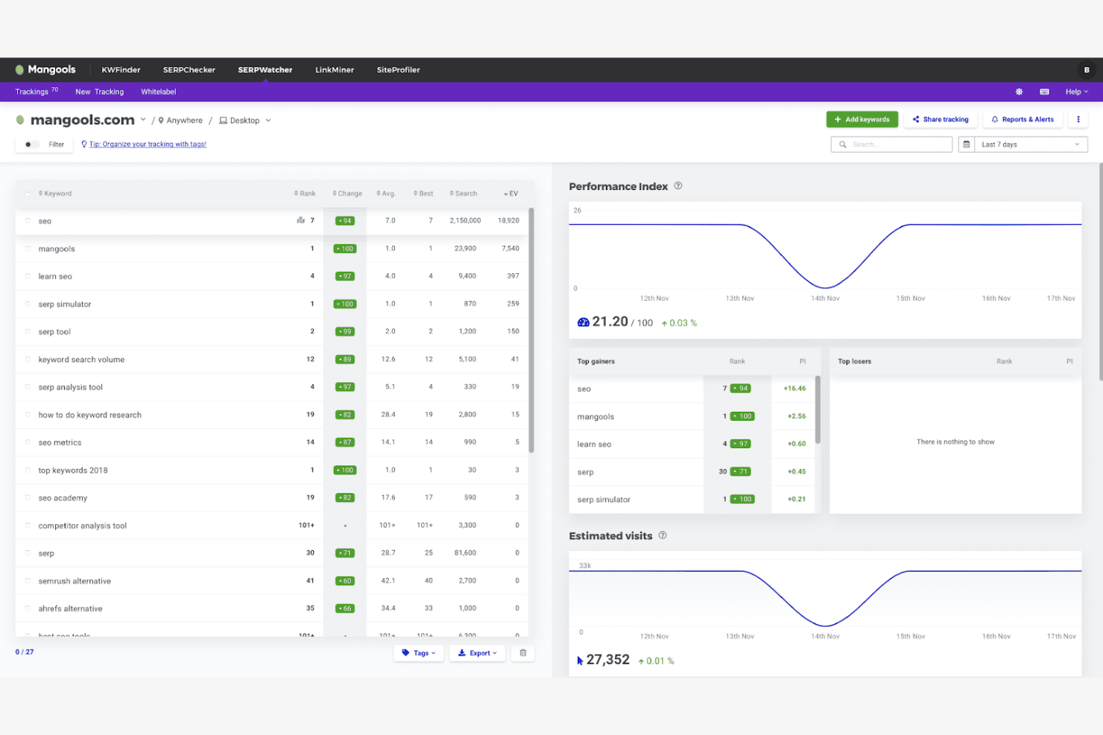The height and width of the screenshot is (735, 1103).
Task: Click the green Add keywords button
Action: pos(862,119)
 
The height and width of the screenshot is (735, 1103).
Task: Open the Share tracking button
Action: pos(941,119)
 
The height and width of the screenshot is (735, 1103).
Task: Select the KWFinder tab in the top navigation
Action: pos(121,70)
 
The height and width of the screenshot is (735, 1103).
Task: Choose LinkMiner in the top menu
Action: pos(334,70)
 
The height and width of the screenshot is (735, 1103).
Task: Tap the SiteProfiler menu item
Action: pos(398,70)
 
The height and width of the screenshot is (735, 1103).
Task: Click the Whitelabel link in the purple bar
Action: pos(158,92)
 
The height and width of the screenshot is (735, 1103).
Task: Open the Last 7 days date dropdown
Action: pos(1023,144)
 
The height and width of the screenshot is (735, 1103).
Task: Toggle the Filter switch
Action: pos(31,144)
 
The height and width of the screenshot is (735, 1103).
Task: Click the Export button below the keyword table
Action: pos(477,653)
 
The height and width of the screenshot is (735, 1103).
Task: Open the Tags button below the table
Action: pos(419,653)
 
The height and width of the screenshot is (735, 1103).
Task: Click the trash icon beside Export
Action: pos(523,653)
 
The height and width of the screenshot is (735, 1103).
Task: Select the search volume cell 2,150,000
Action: pos(465,221)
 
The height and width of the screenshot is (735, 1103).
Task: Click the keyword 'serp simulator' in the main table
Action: pos(65,304)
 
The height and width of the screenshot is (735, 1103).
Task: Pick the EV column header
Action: pos(511,194)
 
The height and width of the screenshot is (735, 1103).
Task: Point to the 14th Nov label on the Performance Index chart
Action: pos(825,299)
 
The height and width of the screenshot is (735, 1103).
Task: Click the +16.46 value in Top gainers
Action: pos(794,389)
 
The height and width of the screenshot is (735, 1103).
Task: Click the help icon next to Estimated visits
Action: pos(663,535)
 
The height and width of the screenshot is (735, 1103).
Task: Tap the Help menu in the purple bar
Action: pos(1076,92)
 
